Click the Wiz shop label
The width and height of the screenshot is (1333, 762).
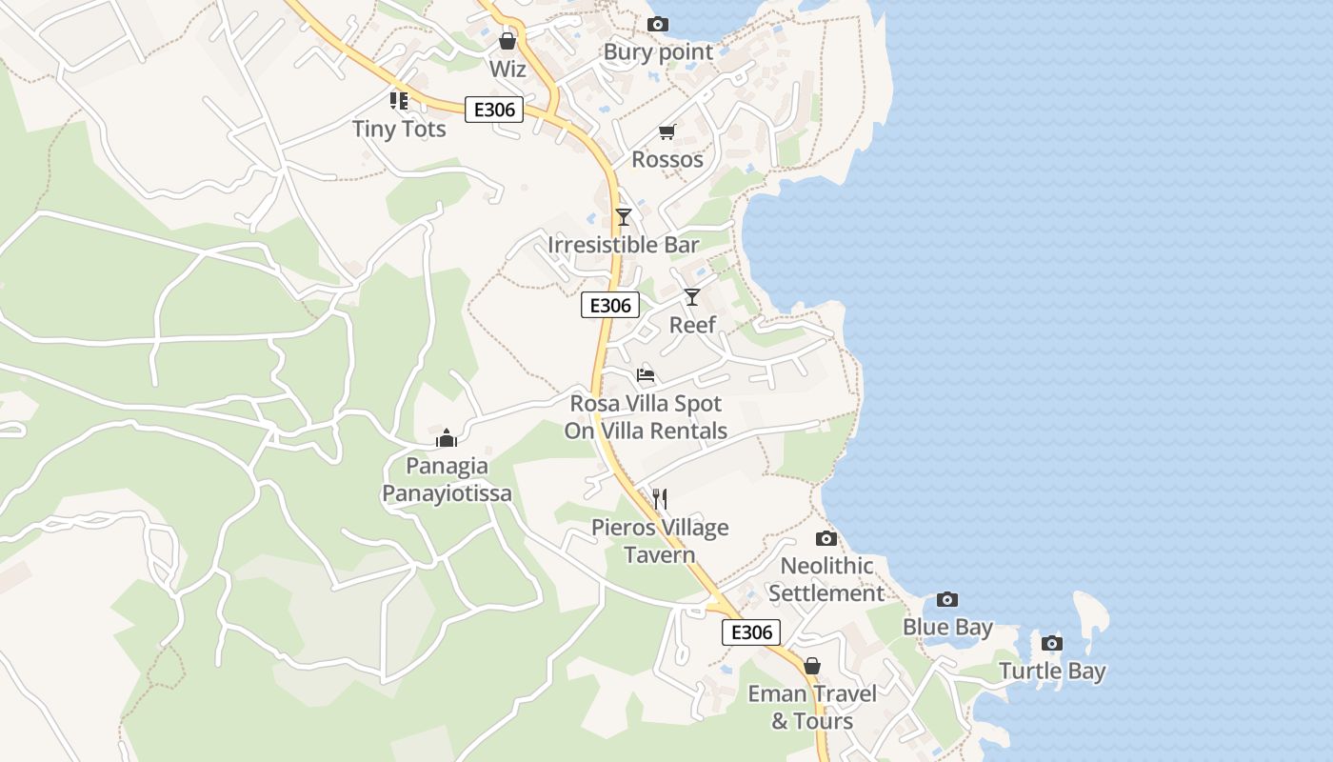pyautogui.click(x=507, y=69)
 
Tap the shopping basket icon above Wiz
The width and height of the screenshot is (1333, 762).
pyautogui.click(x=507, y=41)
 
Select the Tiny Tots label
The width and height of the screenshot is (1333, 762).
pyautogui.click(x=399, y=129)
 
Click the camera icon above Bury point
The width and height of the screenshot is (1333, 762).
pyautogui.click(x=657, y=24)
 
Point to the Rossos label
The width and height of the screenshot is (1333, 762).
pyautogui.click(x=667, y=159)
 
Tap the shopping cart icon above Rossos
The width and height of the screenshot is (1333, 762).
pyautogui.click(x=666, y=132)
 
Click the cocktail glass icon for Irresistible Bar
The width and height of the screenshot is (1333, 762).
pyautogui.click(x=624, y=217)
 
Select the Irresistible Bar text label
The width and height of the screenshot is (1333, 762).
pyautogui.click(x=624, y=245)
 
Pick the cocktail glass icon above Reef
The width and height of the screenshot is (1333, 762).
pyautogui.click(x=692, y=297)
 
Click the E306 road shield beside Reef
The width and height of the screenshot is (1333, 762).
pyautogui.click(x=609, y=306)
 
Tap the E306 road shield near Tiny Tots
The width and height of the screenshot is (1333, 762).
pyautogui.click(x=494, y=110)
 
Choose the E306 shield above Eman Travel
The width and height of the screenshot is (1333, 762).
pyautogui.click(x=751, y=632)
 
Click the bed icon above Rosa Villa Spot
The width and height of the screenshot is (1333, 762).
pyautogui.click(x=646, y=375)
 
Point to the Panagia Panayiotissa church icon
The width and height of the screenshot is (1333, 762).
pyautogui.click(x=447, y=438)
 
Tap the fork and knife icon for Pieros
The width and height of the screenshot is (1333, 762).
pyautogui.click(x=659, y=499)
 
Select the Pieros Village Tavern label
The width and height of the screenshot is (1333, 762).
pyautogui.click(x=660, y=541)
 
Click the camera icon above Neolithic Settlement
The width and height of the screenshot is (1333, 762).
pyautogui.click(x=826, y=538)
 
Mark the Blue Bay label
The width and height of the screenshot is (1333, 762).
pyautogui.click(x=947, y=627)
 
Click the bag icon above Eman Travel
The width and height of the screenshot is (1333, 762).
pyautogui.click(x=812, y=666)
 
